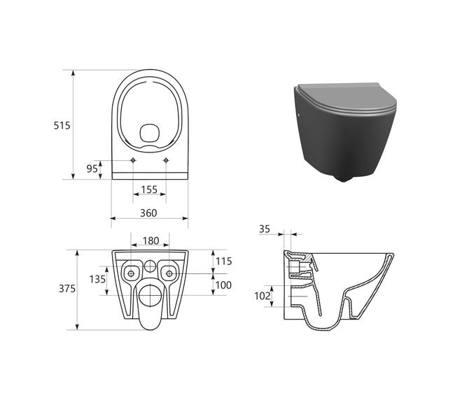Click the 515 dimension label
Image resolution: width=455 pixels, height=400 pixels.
point(62,125)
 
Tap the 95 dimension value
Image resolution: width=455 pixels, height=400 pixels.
point(92,169)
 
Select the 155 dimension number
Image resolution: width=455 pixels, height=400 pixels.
point(149,190)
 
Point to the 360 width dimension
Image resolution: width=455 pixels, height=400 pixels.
point(148,213)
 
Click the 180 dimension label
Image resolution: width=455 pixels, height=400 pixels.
point(151,241)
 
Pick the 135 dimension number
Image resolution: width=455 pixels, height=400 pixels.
point(97,279)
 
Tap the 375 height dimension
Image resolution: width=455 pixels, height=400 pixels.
point(67,289)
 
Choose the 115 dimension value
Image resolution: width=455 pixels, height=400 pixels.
point(224,262)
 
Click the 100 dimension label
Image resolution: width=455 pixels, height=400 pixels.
point(223,285)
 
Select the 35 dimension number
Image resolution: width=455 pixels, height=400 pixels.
point(265,229)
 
